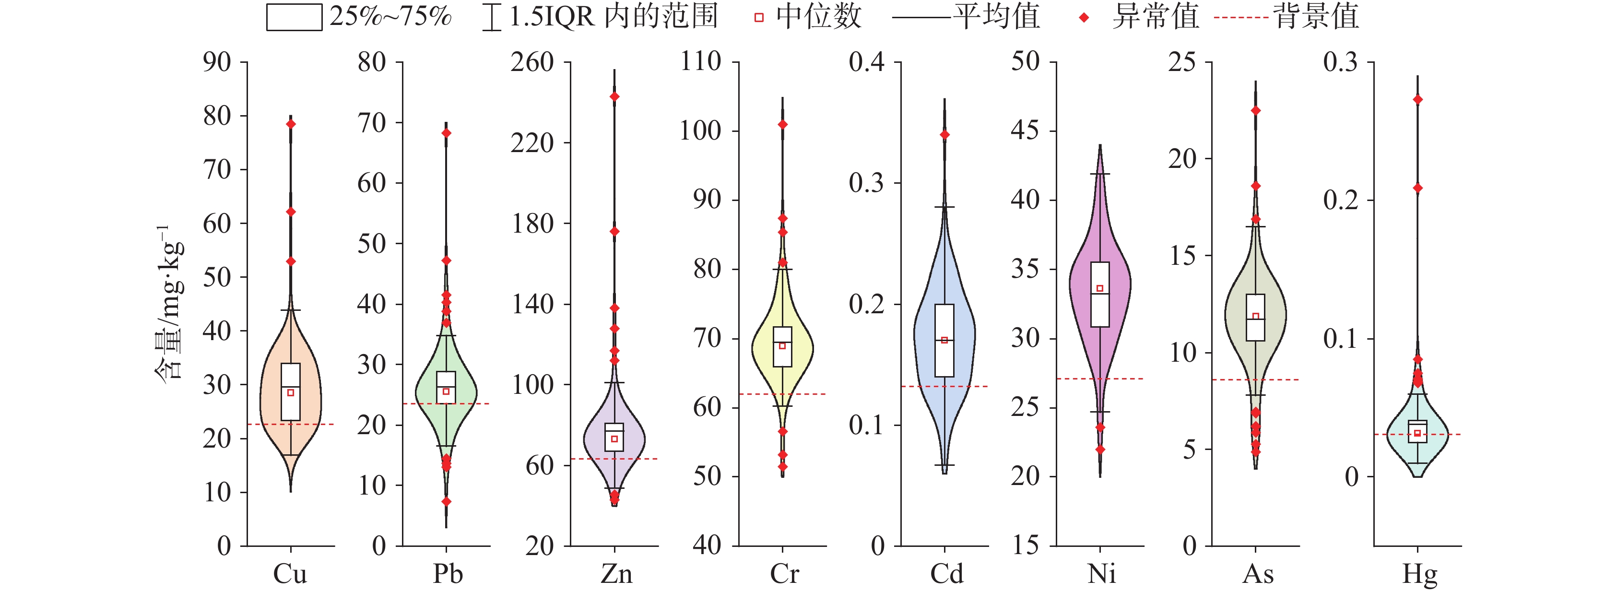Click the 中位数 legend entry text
point(818,16)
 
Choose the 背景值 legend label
point(1315,16)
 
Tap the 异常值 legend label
point(1156,16)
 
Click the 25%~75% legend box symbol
point(294,17)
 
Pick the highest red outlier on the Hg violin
point(1417,100)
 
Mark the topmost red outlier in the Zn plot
point(614,96)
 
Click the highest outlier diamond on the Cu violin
point(291,124)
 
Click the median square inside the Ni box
point(1100,288)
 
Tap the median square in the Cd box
point(944,340)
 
